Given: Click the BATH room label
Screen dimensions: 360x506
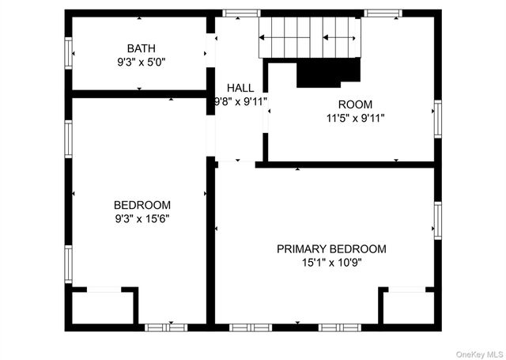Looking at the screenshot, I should (x=142, y=47).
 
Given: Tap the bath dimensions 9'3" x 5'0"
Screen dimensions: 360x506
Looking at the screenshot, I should (x=142, y=61).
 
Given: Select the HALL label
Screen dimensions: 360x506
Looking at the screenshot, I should (x=240, y=88).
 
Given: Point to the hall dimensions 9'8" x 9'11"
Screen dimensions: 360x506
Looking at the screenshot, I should (x=240, y=101).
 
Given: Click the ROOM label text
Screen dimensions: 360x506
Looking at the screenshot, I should (x=355, y=104).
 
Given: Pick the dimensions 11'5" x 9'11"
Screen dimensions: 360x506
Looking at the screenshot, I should (x=355, y=118).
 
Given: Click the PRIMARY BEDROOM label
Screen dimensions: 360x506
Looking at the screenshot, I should (x=331, y=248).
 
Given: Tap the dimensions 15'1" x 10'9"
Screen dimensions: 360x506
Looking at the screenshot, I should (x=331, y=262).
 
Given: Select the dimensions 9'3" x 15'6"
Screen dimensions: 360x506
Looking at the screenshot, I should (x=142, y=218).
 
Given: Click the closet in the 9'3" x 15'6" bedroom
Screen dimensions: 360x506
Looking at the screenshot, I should (x=103, y=307).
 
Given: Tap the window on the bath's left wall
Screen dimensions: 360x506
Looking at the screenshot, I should (x=69, y=53).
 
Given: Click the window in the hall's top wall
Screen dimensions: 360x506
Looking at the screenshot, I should (x=241, y=13).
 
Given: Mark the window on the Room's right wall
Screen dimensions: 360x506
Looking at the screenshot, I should (x=437, y=119).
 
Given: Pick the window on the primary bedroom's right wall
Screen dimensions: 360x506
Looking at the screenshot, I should (x=437, y=220).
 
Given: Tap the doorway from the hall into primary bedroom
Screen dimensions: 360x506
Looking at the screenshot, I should (x=236, y=163).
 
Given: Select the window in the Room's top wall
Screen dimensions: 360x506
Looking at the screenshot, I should (x=383, y=13).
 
